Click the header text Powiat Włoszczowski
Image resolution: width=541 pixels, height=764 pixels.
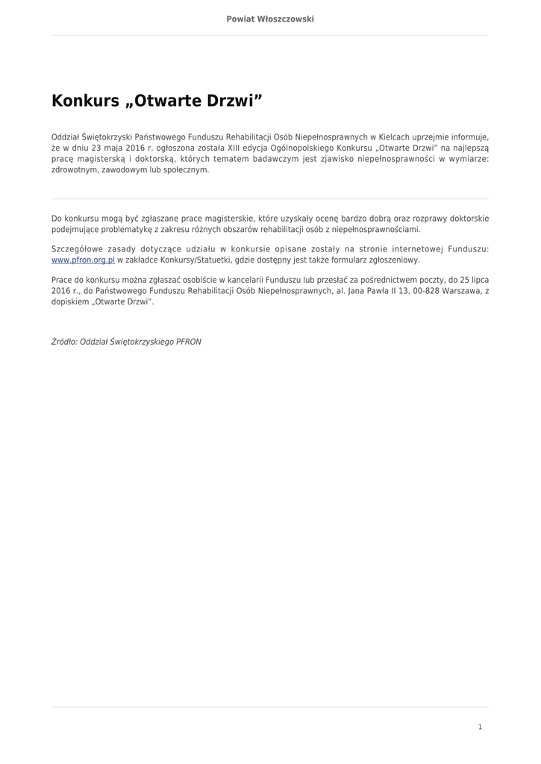pos(270,19)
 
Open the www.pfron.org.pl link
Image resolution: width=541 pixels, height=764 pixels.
pos(83,260)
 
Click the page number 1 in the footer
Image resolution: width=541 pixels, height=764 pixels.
pos(480,727)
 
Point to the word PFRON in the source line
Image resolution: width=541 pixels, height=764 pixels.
pos(188,342)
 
